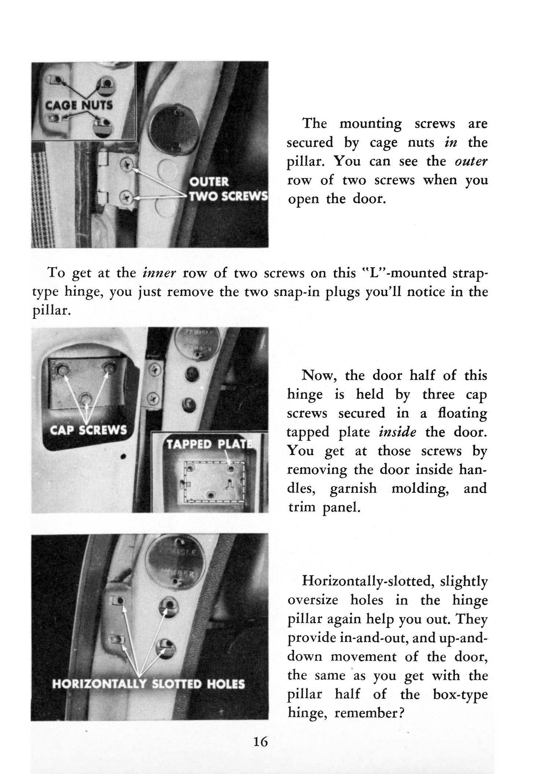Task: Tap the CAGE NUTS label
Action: (79, 105)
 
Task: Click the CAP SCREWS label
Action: (88, 430)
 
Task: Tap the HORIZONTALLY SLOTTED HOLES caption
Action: (148, 684)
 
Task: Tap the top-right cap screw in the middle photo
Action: (109, 368)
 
